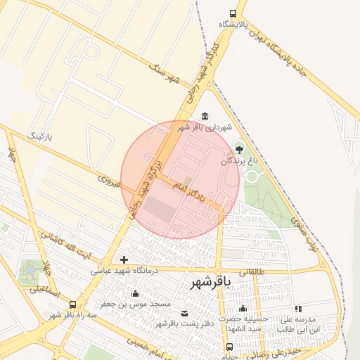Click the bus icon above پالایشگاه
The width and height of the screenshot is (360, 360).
pyautogui.click(x=233, y=13)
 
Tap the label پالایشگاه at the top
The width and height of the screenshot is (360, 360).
pyautogui.click(x=233, y=25)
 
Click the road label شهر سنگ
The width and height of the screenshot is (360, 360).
pyautogui.click(x=165, y=72)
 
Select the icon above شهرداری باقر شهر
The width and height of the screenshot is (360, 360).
pyautogui.click(x=205, y=116)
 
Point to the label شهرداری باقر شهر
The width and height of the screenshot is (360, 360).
pyautogui.click(x=204, y=127)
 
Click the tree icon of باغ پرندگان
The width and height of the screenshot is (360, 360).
pyautogui.click(x=238, y=149)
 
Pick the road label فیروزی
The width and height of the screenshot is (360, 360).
pyautogui.click(x=110, y=181)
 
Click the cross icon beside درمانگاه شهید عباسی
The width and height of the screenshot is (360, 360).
pyautogui.click(x=124, y=260)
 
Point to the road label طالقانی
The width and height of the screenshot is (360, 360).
pyautogui.click(x=251, y=269)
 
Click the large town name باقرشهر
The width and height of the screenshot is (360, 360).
pyautogui.click(x=210, y=283)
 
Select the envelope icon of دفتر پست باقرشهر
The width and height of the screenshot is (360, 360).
pyautogui.click(x=185, y=313)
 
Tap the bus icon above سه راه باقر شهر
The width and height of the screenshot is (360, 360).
pyautogui.click(x=72, y=304)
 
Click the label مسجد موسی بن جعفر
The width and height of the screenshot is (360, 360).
pyautogui.click(x=135, y=304)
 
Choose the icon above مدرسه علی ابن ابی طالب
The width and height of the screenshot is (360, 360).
pyautogui.click(x=298, y=309)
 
